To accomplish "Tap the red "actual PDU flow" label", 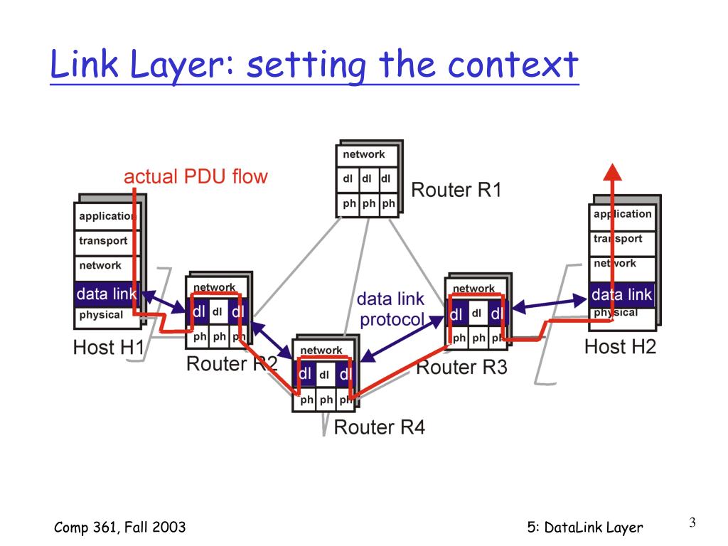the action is (196, 176).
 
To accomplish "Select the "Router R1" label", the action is (456, 189).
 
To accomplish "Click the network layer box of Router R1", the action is (367, 155).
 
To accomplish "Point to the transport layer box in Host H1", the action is (107, 241).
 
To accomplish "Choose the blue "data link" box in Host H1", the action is (107, 294).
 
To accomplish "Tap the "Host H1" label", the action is (108, 347).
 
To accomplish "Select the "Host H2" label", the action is (620, 346).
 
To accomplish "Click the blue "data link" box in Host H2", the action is (622, 294).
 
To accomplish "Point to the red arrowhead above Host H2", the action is (612, 171).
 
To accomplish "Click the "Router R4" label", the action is (380, 427).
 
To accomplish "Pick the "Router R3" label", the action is (461, 367).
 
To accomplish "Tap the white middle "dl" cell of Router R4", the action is (324, 374).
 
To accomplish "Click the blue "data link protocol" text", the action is (391, 309).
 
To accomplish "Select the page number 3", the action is (692, 523).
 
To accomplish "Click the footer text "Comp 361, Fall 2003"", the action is (119, 528).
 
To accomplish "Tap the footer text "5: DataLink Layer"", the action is (585, 528).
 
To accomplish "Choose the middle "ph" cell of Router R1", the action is (369, 204).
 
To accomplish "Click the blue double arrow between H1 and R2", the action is (164, 302).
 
